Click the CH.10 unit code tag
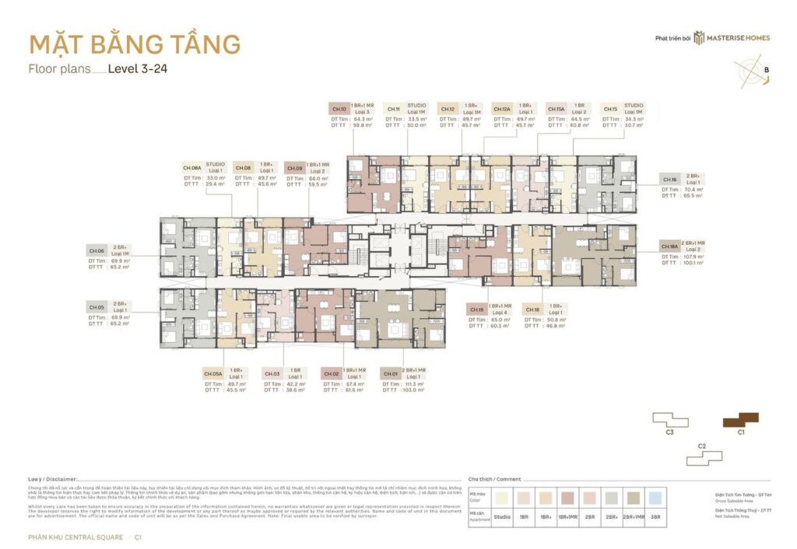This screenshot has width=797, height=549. point(339,109)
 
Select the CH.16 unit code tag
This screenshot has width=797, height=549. point(669,179)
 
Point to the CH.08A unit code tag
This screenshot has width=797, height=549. point(192,167)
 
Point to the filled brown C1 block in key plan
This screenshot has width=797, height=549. point(740,421)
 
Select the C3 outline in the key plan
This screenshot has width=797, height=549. point(670,421)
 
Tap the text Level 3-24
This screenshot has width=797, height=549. point(138,68)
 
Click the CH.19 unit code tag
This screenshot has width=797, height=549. point(476,309)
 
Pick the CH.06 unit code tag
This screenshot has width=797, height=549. point(97,251)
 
